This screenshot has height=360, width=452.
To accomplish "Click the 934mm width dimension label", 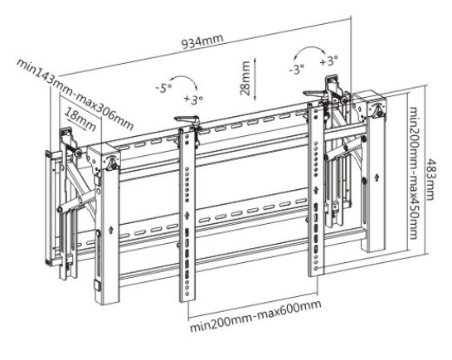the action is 202,41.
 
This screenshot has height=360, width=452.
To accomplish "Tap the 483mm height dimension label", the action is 430,178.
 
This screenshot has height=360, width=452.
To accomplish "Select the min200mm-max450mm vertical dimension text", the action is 414,173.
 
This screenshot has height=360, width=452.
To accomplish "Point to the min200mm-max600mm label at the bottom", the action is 255,316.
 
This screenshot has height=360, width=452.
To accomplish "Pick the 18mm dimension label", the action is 80,119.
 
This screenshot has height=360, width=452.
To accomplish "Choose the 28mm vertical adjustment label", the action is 245,78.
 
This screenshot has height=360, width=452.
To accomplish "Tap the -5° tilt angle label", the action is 163,88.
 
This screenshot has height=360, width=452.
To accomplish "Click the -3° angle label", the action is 296,69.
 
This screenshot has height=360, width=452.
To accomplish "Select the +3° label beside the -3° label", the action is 329,61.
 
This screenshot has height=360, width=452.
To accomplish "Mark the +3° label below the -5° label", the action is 194,100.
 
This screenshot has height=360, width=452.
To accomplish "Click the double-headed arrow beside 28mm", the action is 255,79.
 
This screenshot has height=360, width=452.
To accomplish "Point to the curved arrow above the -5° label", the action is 184,78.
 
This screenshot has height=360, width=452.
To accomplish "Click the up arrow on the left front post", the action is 110,230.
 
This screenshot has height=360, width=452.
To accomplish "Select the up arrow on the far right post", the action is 377,177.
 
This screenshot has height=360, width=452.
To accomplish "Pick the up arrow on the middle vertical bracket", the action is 187,215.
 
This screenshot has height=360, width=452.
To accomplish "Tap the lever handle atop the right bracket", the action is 315,94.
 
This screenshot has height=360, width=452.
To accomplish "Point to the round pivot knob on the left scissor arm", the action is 61,210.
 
